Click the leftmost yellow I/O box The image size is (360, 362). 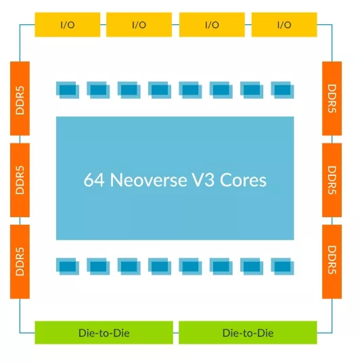pyautogui.click(x=68, y=24)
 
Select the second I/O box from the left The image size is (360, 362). pyautogui.click(x=139, y=24)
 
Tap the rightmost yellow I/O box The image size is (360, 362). pyautogui.click(x=284, y=24)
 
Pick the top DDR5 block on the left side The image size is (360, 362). pyautogui.click(x=20, y=98)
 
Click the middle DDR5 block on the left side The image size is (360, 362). pyautogui.click(x=20, y=180)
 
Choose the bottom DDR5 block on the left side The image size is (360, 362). pyautogui.click(x=20, y=262)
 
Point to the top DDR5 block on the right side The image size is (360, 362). pyautogui.click(x=332, y=98)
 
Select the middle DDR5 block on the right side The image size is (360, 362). pyautogui.click(x=332, y=180)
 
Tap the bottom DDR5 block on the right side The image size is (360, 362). pyautogui.click(x=332, y=262)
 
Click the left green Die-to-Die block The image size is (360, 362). pyautogui.click(x=104, y=332)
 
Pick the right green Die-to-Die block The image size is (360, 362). pyautogui.click(x=248, y=332)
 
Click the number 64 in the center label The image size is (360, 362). pyautogui.click(x=94, y=180)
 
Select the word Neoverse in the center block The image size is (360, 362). pyautogui.click(x=148, y=180)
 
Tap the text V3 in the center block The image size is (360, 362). pyautogui.click(x=203, y=180)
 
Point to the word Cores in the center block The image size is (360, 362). pyautogui.click(x=243, y=180)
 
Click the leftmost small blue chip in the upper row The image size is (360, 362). pyautogui.click(x=68, y=90)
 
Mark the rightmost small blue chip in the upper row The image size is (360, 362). pyautogui.click(x=282, y=90)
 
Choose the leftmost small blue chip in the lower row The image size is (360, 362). pyautogui.click(x=68, y=267)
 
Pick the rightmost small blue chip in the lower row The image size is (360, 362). pyautogui.click(x=282, y=267)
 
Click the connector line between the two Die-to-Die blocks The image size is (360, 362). pyautogui.click(x=176, y=333)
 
